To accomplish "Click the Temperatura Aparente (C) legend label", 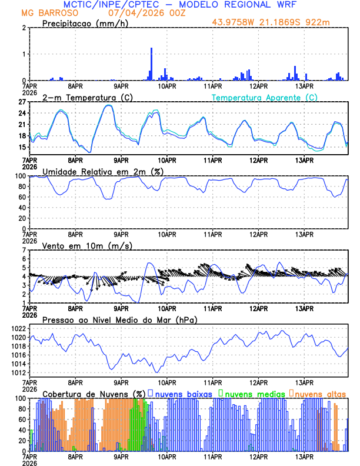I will coord(265,97).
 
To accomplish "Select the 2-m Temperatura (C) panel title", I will coord(82,97).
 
